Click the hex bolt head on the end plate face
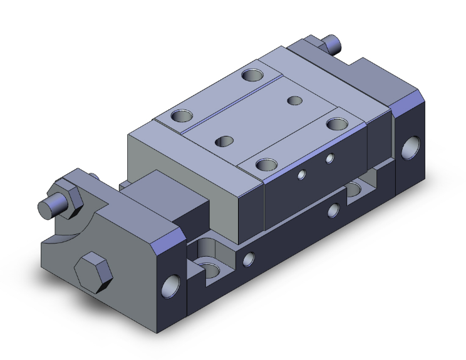(x=93, y=270)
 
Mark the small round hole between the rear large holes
(x=294, y=100)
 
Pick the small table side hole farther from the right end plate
(x=302, y=175)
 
